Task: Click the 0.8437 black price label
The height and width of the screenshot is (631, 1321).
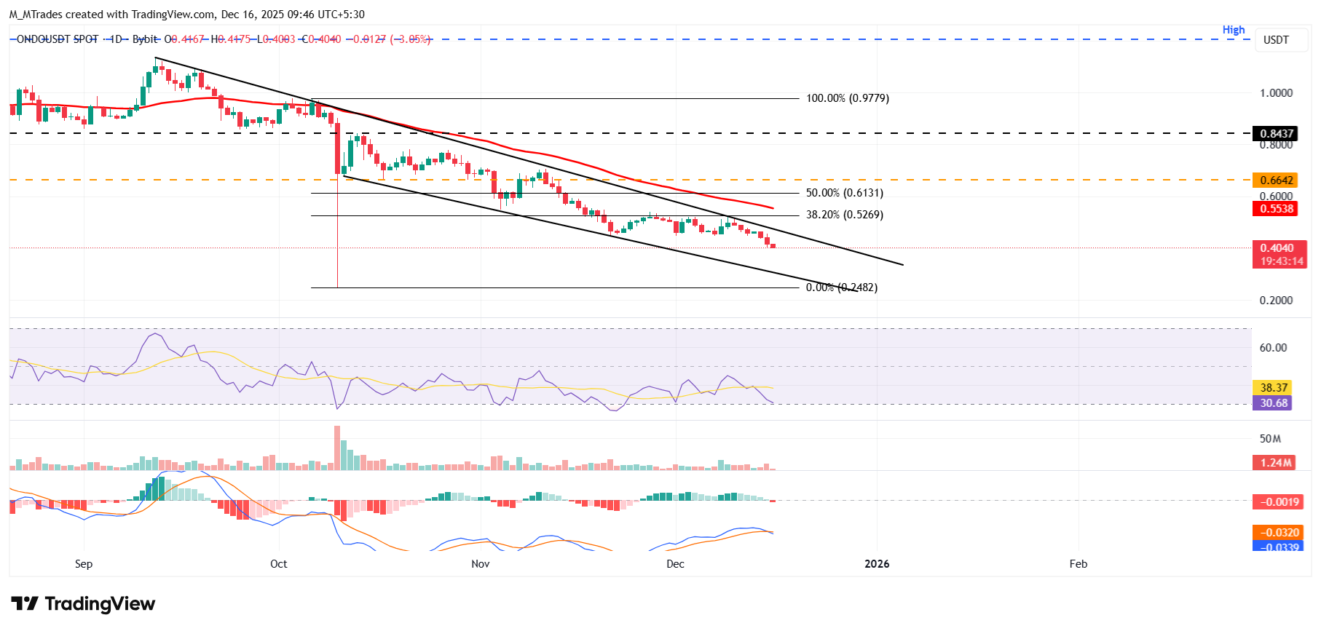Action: (1277, 134)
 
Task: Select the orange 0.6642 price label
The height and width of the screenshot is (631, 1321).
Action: (1277, 180)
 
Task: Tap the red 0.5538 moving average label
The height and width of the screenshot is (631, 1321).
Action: (1277, 209)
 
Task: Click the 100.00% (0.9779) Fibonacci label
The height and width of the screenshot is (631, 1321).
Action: (847, 98)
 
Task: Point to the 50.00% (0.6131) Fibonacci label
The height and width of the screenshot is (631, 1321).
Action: (844, 193)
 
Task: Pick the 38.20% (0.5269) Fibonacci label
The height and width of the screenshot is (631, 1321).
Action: (844, 215)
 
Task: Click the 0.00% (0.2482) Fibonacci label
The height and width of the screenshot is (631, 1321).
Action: (841, 287)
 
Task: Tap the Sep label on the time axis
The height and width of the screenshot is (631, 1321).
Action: (84, 564)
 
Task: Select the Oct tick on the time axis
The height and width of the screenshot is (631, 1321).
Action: (278, 564)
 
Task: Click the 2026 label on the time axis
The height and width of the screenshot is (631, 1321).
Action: (877, 564)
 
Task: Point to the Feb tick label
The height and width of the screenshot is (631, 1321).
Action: (1078, 564)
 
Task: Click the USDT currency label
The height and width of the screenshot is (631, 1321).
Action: (1276, 40)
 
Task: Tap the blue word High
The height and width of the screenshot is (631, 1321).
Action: (1234, 30)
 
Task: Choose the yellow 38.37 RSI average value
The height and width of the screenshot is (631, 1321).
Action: (1274, 388)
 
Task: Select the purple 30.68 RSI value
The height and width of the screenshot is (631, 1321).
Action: (1274, 403)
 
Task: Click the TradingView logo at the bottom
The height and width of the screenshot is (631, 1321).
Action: (83, 604)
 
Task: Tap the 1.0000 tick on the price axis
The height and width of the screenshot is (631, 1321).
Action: (1276, 93)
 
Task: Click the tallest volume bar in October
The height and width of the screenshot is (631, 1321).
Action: (337, 448)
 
